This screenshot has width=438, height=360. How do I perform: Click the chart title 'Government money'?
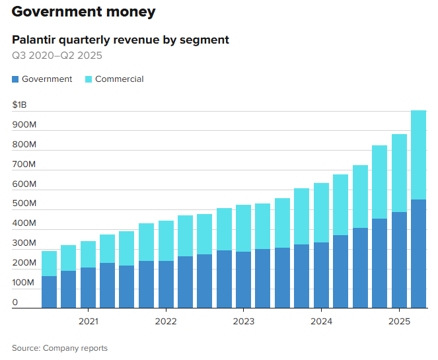84,12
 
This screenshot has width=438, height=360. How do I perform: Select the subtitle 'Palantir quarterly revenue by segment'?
120,40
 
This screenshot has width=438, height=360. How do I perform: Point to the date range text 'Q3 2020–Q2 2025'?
57,55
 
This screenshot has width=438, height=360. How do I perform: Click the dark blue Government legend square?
16,79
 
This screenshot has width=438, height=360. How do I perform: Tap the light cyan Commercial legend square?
89,79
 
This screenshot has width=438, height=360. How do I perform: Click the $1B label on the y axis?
20,105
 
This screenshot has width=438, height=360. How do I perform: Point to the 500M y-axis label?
24,203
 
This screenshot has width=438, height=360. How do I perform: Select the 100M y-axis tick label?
24,283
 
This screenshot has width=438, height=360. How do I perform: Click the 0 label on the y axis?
15,303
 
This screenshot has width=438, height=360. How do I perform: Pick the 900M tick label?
24,124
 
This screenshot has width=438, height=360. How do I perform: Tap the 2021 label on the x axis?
89,322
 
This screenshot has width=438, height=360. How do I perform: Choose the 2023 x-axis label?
243,322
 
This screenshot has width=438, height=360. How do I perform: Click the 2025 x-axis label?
398,322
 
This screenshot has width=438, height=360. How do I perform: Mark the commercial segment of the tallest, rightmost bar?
418,155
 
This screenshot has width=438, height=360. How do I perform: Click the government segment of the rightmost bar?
418,254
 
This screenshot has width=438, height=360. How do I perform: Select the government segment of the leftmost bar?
49,292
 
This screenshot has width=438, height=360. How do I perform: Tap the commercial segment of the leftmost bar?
49,264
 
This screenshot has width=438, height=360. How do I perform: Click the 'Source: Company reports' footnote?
59,348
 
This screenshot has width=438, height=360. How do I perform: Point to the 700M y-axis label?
24,164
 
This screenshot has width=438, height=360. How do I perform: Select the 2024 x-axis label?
321,322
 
